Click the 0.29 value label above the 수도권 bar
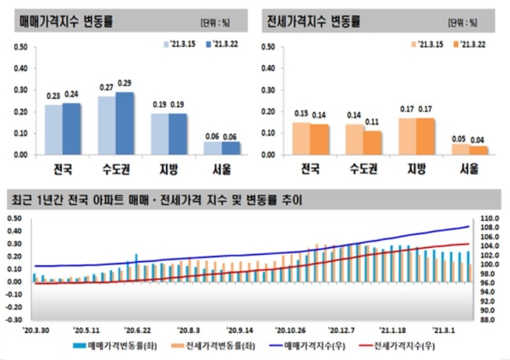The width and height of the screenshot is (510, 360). tap(124, 83)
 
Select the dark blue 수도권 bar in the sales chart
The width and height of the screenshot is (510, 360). tap(124, 124)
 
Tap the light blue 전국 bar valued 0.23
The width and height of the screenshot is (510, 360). tap(53, 129)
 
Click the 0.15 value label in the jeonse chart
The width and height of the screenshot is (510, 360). tap(301, 114)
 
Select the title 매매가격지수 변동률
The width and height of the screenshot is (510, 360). tap(65, 20)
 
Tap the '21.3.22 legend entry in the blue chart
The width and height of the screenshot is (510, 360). tap(222, 46)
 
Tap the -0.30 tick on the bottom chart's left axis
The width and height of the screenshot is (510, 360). tap(17, 318)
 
